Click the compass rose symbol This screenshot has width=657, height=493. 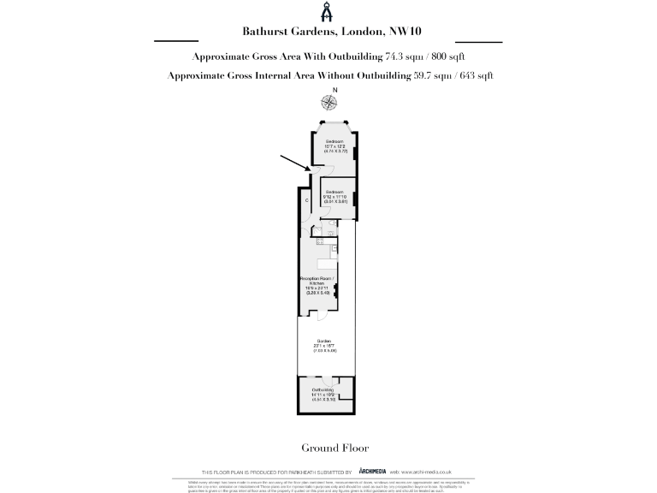coord(329,103)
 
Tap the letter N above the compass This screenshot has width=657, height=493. coord(335,90)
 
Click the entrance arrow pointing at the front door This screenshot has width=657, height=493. coord(293,162)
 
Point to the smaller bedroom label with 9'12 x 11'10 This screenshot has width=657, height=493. coord(334,196)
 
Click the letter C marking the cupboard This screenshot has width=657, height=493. coord(306,200)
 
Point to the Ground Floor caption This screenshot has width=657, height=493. coord(328,448)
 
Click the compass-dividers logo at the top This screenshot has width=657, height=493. coord(328,13)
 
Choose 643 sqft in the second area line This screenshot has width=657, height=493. coord(474,75)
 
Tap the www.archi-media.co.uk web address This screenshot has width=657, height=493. coord(425,472)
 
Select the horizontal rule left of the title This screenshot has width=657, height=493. coord(175,40)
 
